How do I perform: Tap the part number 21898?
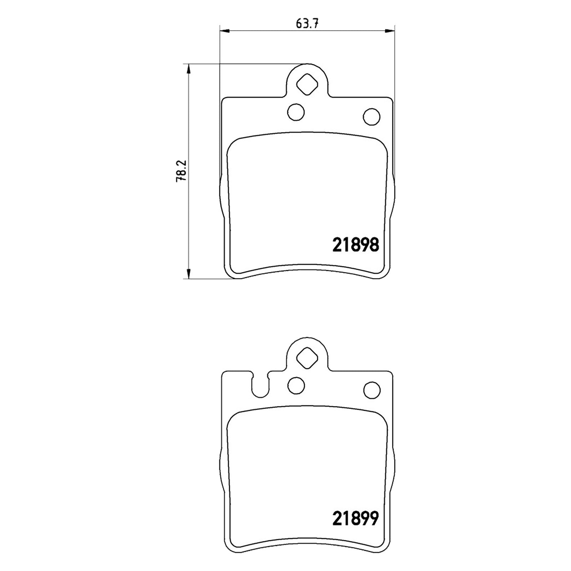[x=355, y=245]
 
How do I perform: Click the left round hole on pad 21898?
[x=296, y=112]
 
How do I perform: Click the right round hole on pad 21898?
[x=371, y=116]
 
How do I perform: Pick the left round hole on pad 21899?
[x=296, y=386]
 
